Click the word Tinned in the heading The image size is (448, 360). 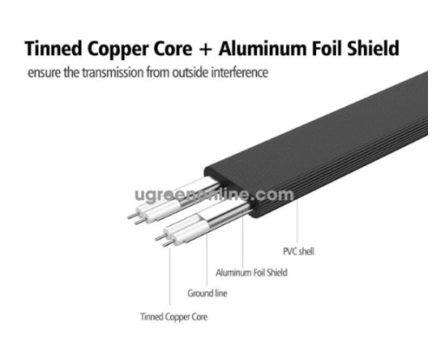pyautogui.click(x=54, y=48)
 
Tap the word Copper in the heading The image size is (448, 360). pyautogui.click(x=118, y=50)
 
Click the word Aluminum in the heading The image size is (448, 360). pyautogui.click(x=262, y=48)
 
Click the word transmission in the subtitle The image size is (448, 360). pyautogui.click(x=113, y=72)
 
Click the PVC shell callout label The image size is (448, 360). pyautogui.click(x=298, y=251)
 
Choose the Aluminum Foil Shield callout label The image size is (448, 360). pyautogui.click(x=251, y=272)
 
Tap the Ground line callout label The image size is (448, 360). pyautogui.click(x=207, y=293)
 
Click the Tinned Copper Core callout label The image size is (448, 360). pyautogui.click(x=174, y=317)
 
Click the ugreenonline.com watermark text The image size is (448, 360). pyautogui.click(x=214, y=195)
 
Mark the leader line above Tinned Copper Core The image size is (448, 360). pyautogui.click(x=170, y=276)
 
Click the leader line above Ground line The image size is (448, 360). pyautogui.click(x=207, y=259)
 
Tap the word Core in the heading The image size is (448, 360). pyautogui.click(x=173, y=48)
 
